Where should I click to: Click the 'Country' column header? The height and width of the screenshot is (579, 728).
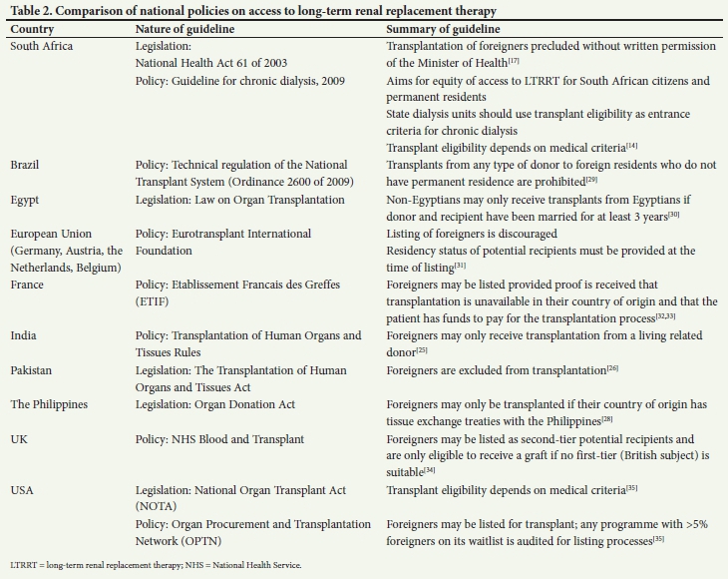coord(32,30)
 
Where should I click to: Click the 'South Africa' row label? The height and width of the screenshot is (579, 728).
coord(42,47)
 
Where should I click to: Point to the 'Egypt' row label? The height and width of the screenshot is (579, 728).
coord(26,200)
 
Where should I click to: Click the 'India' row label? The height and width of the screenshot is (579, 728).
coord(25,335)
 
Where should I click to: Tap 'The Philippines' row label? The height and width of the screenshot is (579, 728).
coord(50,404)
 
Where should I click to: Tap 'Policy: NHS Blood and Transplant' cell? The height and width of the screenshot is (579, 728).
coord(233,438)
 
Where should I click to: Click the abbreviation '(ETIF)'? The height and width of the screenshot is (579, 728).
coord(155,301)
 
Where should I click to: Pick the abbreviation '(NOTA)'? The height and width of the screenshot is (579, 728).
coord(158,507)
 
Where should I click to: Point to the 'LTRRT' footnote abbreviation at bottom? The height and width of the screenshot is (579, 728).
coord(23,565)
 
